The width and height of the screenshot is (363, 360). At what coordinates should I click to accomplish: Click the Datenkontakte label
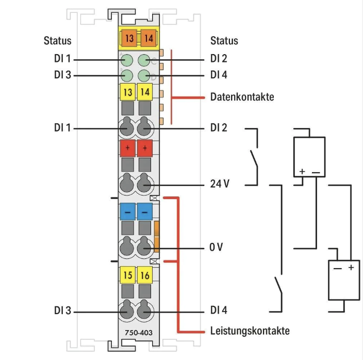pos(242,97)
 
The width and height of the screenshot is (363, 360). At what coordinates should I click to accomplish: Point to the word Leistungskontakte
pos(250,330)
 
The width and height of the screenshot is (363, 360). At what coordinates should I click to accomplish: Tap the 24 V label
pos(219,184)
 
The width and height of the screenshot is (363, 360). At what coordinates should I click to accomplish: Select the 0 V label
pos(216,248)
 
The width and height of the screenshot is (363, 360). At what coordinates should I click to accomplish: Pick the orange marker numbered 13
pos(128,37)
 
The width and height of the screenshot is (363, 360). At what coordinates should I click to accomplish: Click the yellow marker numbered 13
pos(127,93)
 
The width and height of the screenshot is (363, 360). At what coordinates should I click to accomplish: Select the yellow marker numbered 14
pos(145,93)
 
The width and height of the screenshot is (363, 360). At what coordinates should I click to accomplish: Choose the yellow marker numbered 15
pos(127,275)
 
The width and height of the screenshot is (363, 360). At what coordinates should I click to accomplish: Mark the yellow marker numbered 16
pos(145,275)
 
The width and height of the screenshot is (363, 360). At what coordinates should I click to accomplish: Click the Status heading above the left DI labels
pos(58,41)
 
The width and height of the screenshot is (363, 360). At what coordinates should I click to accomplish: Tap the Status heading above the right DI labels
pos(224,41)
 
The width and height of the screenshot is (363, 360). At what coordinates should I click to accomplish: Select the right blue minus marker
pos(145,211)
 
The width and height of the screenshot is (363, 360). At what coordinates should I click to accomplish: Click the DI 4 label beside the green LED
pos(219,75)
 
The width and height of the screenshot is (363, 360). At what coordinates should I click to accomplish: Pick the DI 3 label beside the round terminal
pos(62,312)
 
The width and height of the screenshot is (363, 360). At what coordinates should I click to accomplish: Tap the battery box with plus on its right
pos(344,280)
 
